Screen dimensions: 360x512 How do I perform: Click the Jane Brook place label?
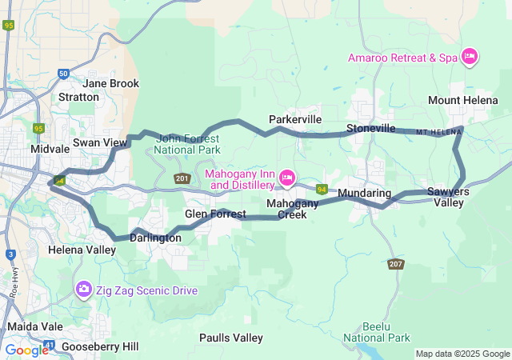110,83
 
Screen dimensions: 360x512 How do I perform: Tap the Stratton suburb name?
78,98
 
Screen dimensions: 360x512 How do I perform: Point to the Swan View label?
100,142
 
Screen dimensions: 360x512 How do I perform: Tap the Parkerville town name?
294,119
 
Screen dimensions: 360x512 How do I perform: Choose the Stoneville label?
370,128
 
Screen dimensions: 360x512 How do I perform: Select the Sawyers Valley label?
448,197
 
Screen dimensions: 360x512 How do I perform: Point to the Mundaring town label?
364,194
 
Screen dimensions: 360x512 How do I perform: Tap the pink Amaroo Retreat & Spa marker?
470,57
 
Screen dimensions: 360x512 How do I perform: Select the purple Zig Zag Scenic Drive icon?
83,289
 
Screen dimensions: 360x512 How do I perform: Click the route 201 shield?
182,178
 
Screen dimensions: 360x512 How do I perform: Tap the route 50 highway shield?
63,74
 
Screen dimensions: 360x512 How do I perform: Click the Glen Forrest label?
215,214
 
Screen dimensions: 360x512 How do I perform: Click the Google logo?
26,350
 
